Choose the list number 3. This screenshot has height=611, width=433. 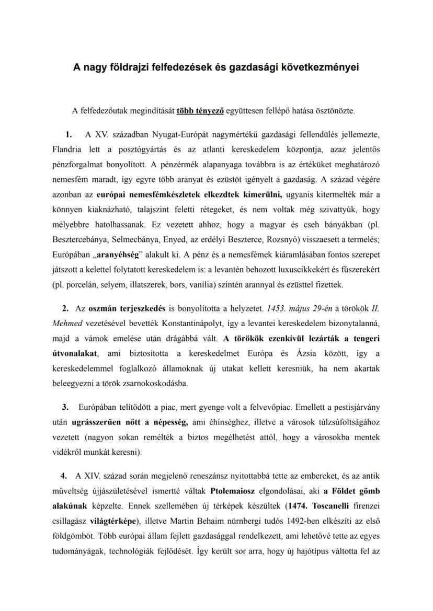(x=65, y=407)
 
